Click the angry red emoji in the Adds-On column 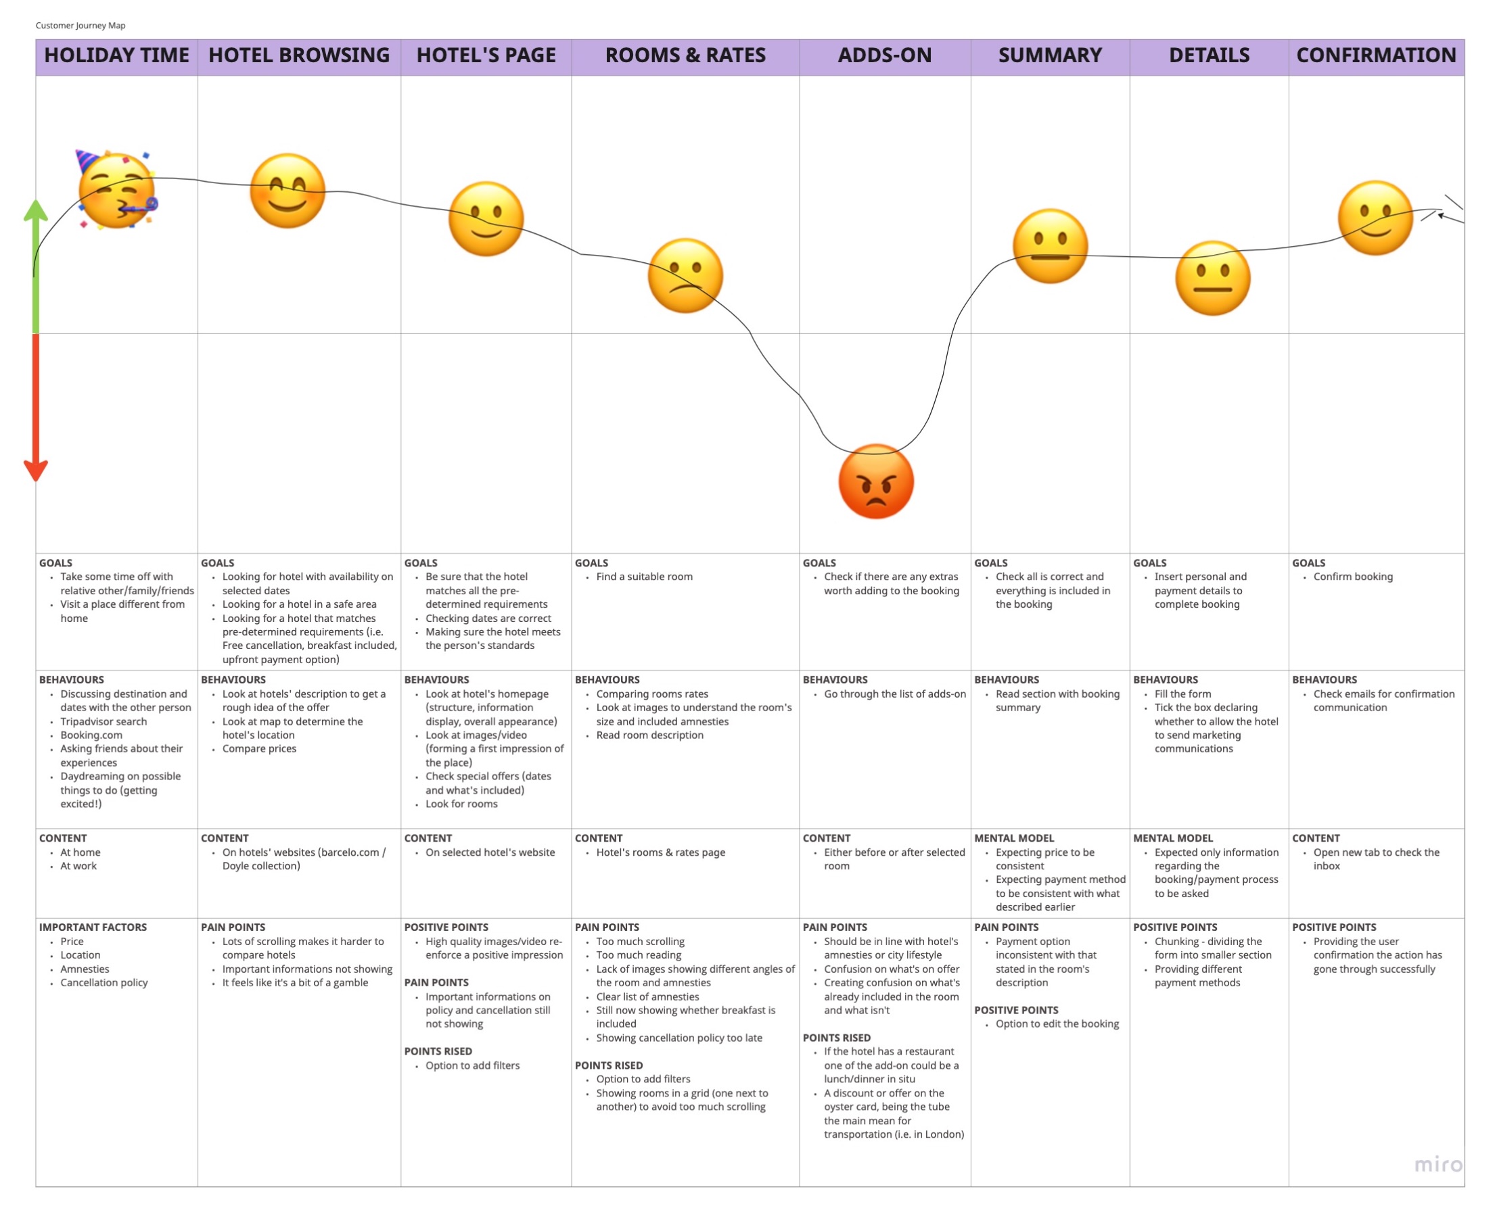(876, 481)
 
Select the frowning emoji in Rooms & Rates (685, 276)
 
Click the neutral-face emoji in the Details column (1212, 279)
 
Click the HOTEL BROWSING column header (299, 55)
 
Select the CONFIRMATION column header (1375, 55)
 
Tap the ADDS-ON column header (884, 55)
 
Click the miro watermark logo (1438, 1163)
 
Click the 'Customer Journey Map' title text (80, 26)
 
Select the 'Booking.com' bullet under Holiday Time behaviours (91, 735)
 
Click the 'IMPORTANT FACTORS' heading (93, 927)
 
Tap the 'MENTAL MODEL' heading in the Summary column (1014, 838)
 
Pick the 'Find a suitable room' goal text (644, 577)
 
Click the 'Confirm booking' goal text (1352, 577)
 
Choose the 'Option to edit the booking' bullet (1057, 1024)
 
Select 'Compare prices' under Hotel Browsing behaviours (259, 749)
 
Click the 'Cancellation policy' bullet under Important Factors (104, 983)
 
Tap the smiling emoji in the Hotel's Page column (486, 219)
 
